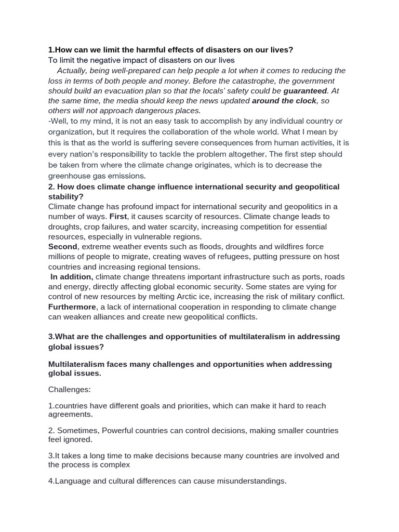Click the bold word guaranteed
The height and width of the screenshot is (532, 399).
pos(304,90)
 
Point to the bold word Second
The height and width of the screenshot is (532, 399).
pos(63,247)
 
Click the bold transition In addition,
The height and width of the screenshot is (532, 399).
pos(72,277)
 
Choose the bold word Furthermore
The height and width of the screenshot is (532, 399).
pos(72,307)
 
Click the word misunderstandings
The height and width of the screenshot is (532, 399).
pos(247,481)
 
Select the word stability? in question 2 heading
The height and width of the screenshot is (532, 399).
pos(65,196)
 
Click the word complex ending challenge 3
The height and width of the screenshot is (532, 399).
pos(115,464)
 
